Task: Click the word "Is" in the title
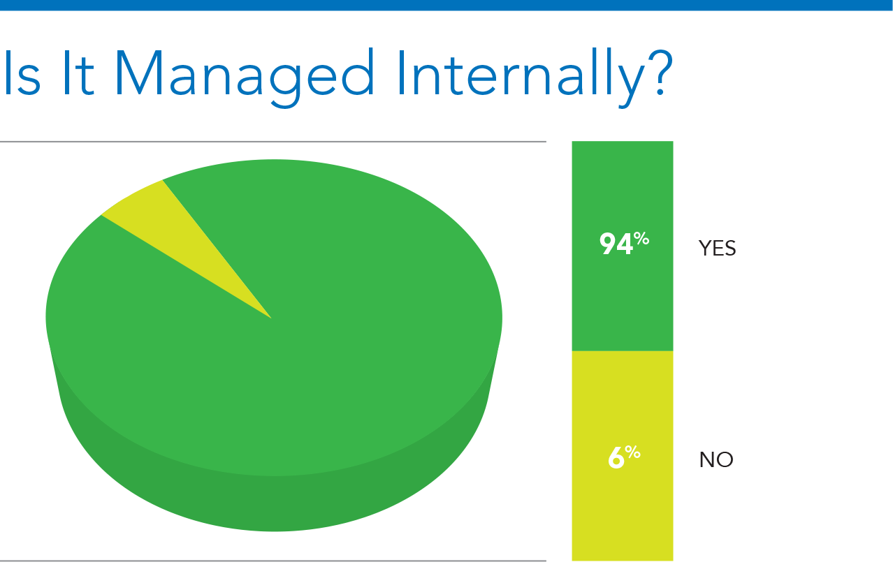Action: (x=22, y=73)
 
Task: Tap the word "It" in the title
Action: (x=79, y=73)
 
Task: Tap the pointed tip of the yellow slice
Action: (x=272, y=318)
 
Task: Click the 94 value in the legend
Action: (x=616, y=244)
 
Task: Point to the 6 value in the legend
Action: (x=616, y=458)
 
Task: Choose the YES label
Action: (x=717, y=248)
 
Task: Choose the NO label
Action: (x=716, y=459)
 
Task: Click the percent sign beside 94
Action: (x=642, y=239)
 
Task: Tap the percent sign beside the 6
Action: (x=632, y=452)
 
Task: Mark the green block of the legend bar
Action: (x=623, y=246)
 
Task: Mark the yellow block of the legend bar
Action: (x=623, y=456)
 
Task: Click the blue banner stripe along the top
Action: (x=446, y=5)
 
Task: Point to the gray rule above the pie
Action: (x=273, y=142)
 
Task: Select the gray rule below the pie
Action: (x=273, y=561)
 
